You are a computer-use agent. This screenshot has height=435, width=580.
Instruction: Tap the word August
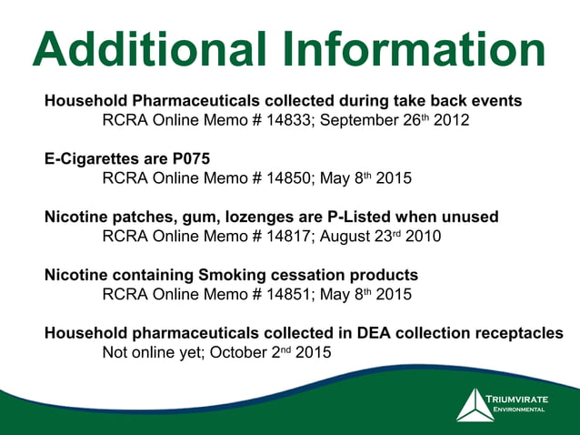[345, 238]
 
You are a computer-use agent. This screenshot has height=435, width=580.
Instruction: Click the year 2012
[452, 120]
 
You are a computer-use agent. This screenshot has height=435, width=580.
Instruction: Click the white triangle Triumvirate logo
[475, 405]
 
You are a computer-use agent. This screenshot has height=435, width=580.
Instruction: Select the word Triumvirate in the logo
[517, 399]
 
